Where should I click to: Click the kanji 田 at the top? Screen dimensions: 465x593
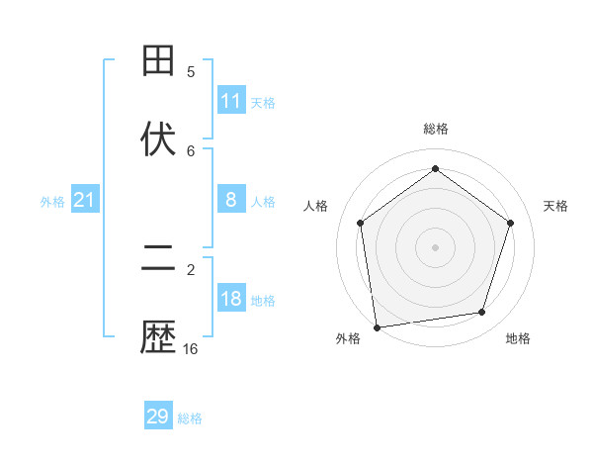(x=159, y=61)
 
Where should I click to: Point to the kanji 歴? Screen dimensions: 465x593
(x=159, y=338)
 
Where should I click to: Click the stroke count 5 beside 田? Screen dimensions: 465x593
(x=191, y=71)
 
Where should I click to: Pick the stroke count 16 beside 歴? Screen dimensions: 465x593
(x=191, y=348)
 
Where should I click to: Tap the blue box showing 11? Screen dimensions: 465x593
(x=231, y=101)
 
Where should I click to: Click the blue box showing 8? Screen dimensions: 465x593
(x=231, y=200)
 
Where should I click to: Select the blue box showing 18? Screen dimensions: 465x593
(x=231, y=299)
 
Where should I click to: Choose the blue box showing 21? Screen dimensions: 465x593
(x=85, y=200)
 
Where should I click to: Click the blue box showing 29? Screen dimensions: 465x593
(x=158, y=417)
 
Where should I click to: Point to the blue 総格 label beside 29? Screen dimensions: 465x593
(x=190, y=418)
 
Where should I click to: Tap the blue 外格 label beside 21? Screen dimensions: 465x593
(x=52, y=202)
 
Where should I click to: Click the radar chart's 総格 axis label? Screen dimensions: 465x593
(x=436, y=129)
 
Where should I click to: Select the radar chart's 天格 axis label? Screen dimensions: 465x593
(x=556, y=206)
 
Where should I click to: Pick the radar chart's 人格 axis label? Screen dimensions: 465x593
(x=316, y=206)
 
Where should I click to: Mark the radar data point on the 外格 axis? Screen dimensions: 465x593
(x=377, y=326)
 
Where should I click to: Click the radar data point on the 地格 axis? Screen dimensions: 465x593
(x=482, y=313)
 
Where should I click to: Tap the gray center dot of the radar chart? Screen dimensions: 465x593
(x=436, y=246)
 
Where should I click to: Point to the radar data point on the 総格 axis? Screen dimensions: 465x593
(x=436, y=169)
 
